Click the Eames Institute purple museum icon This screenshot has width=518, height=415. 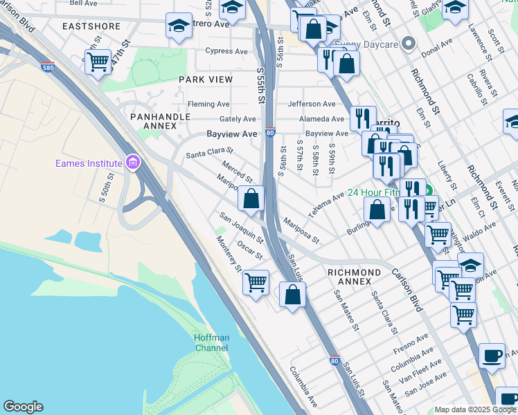click(132, 163)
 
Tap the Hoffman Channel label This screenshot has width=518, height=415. click(211, 342)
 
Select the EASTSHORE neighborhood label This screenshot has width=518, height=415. click(91, 26)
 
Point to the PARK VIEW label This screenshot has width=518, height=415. click(206, 80)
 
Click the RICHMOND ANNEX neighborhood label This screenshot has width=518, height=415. click(354, 277)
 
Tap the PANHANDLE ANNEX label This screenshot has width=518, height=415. click(160, 121)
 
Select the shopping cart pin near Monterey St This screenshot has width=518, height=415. click(256, 282)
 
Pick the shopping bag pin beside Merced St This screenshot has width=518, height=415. click(251, 199)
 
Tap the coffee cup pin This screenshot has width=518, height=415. click(492, 356)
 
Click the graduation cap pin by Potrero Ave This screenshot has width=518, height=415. click(179, 26)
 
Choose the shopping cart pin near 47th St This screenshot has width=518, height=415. click(98, 62)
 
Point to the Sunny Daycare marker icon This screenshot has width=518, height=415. click(409, 45)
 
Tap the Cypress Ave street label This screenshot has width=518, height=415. click(226, 51)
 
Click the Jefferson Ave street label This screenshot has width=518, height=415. click(312, 104)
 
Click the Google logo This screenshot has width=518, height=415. click(23, 407)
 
